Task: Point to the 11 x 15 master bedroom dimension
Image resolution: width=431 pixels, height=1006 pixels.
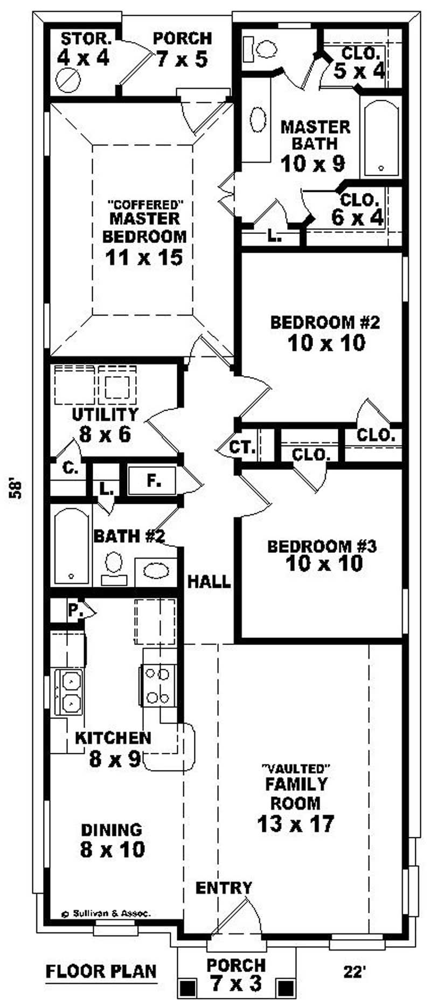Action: point(144,257)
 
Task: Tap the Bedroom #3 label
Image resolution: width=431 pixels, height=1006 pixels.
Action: point(322,546)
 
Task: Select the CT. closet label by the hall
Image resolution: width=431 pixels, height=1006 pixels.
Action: point(242,447)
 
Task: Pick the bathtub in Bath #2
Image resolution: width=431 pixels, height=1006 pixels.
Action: point(72,546)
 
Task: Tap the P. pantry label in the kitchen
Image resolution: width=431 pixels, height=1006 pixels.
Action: point(74,610)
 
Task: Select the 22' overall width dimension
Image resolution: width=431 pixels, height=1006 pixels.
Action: point(354,972)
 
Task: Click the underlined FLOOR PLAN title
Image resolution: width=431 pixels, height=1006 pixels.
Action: point(101,972)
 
